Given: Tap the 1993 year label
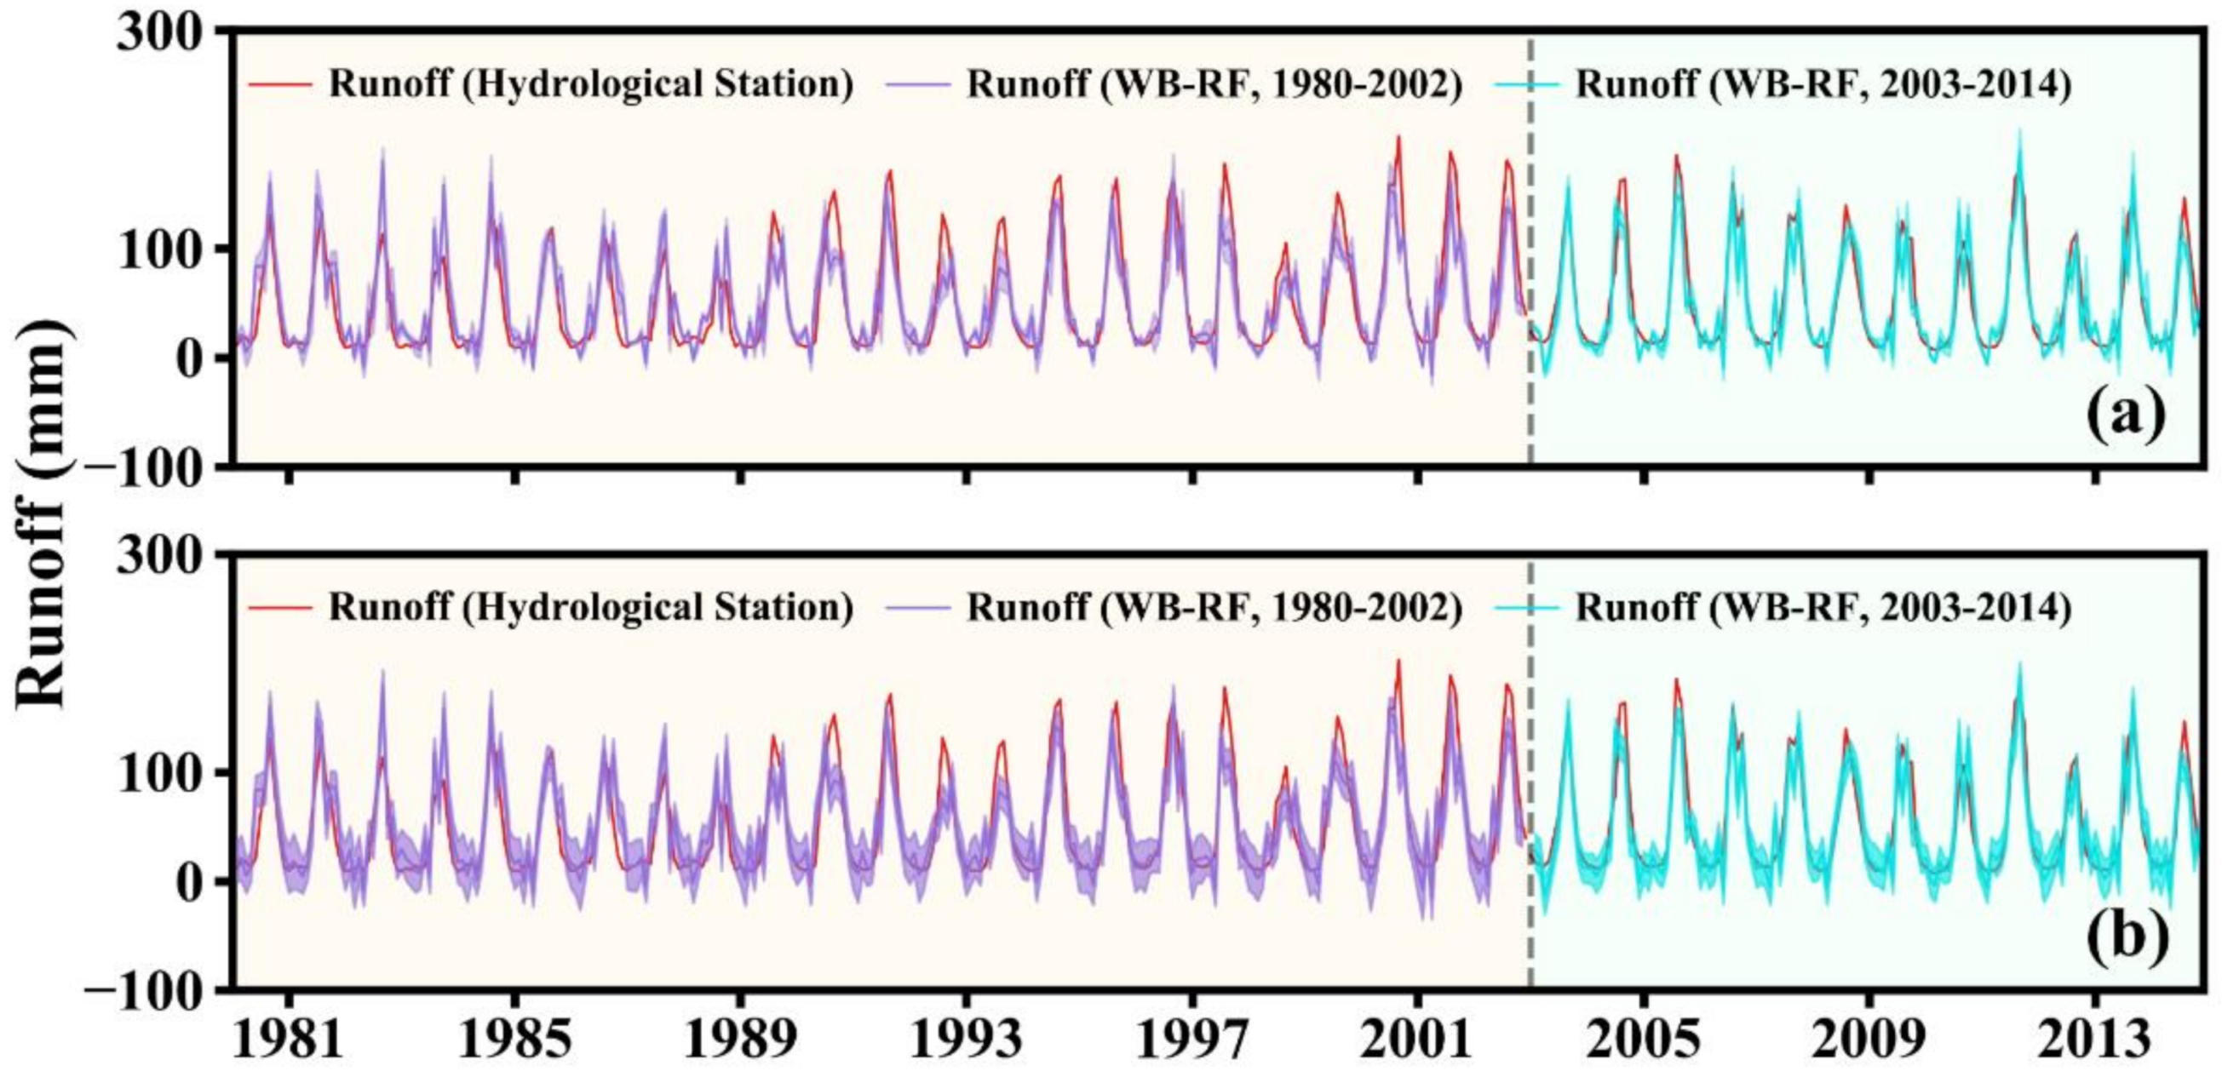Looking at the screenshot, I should click(x=967, y=1040).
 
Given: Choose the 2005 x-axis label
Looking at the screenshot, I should click(x=1644, y=1040).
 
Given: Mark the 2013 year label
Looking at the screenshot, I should click(x=2095, y=1040).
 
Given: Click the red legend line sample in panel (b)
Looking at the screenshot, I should click(x=279, y=609).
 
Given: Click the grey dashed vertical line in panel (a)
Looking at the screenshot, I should click(x=1531, y=259).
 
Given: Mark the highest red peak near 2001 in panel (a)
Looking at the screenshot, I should click(x=1398, y=137).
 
